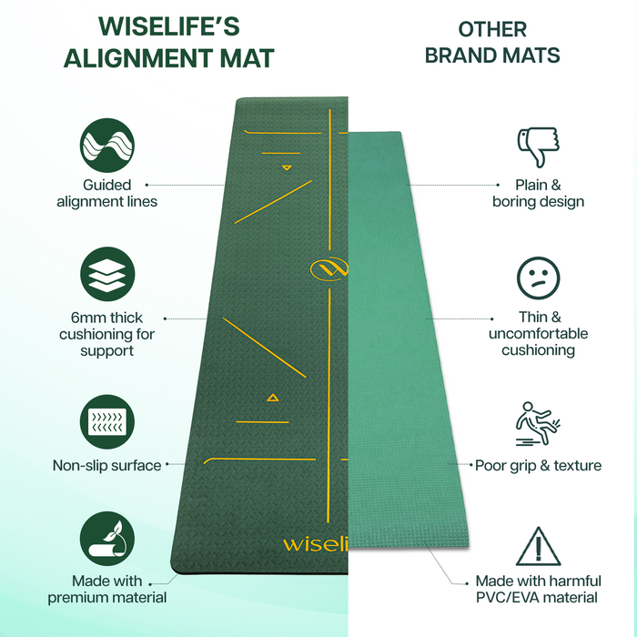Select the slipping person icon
pyautogui.click(x=538, y=420)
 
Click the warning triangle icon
pyautogui.click(x=538, y=547)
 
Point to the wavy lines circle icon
pyautogui.click(x=106, y=145)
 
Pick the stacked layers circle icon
pyautogui.click(x=106, y=274)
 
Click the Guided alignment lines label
pyautogui.click(x=106, y=193)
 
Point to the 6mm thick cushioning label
pyautogui.click(x=106, y=334)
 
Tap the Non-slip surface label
pyautogui.click(x=106, y=466)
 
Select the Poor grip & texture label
pyautogui.click(x=538, y=466)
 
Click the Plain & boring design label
pyautogui.click(x=538, y=193)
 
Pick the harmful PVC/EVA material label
pyautogui.click(x=538, y=589)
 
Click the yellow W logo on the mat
pyautogui.click(x=329, y=269)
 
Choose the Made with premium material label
pyautogui.click(x=106, y=589)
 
